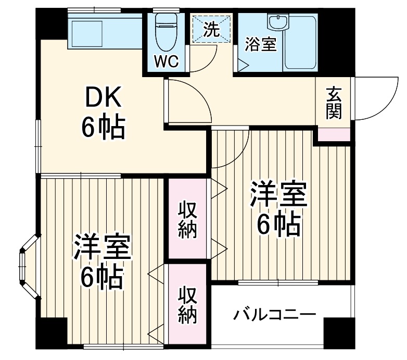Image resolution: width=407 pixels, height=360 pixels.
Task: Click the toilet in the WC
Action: (x=167, y=29)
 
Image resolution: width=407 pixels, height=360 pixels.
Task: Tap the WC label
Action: (x=167, y=62)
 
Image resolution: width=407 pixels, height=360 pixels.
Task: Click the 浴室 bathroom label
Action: (x=261, y=44)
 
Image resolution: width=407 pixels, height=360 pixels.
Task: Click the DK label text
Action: (x=103, y=97)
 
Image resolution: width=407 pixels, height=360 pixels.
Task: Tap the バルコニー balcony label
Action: (x=274, y=314)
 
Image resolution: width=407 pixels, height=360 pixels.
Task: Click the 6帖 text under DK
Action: (x=103, y=128)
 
